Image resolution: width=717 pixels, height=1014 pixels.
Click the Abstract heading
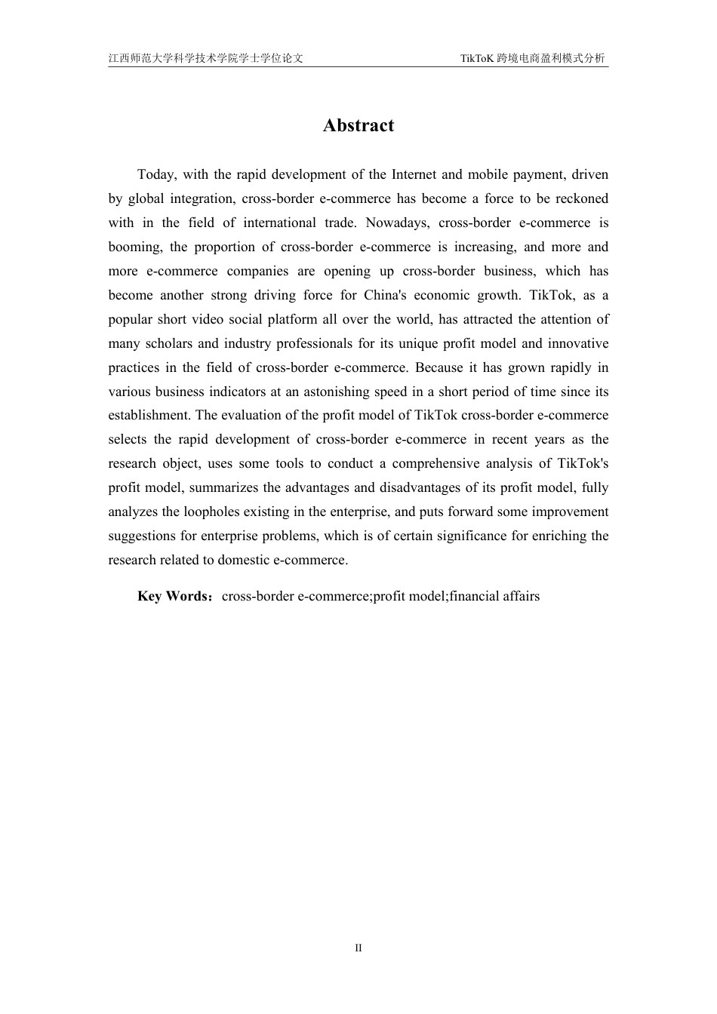tap(358, 126)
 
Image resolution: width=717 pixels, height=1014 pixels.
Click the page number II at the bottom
tap(358, 948)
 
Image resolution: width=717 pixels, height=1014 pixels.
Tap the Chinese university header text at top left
tap(205, 58)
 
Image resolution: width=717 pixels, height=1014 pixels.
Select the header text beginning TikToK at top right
tap(532, 58)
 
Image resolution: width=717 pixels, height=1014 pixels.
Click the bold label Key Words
tap(173, 597)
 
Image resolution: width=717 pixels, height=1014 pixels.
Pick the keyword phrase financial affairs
tap(494, 597)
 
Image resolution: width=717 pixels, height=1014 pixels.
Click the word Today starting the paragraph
tap(155, 175)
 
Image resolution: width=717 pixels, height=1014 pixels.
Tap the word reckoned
tap(582, 199)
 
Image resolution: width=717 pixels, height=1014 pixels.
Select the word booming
tap(134, 247)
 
